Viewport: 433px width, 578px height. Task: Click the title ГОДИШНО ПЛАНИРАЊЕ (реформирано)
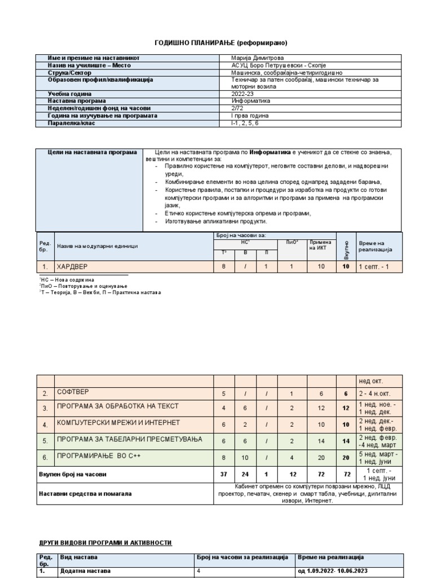coord(216,43)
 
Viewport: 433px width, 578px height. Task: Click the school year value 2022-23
coord(243,94)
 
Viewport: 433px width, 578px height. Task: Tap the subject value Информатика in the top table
coord(250,101)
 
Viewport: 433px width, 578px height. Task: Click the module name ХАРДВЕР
coord(73,266)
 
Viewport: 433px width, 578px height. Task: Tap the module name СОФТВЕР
coord(73,392)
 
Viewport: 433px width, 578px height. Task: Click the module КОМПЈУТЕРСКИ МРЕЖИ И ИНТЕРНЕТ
coord(118,423)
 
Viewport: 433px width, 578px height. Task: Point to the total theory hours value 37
coord(224,475)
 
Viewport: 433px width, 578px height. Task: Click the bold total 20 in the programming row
coord(346,459)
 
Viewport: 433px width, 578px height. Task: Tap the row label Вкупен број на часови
coord(72,475)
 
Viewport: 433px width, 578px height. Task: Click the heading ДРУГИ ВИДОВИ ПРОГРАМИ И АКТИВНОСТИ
coord(105,542)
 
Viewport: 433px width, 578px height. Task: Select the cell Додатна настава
coord(85,571)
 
